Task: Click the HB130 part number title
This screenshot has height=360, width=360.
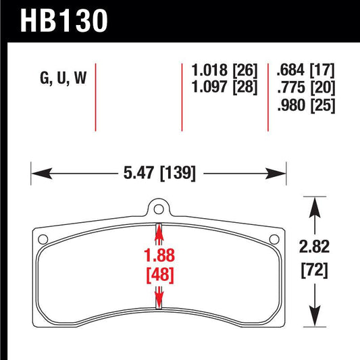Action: [x=65, y=20]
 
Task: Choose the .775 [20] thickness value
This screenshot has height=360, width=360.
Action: [x=305, y=87]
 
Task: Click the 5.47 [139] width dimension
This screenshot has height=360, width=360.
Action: [x=159, y=174]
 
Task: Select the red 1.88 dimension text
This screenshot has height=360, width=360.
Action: [x=159, y=256]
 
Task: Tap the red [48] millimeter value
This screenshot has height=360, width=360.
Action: [x=159, y=275]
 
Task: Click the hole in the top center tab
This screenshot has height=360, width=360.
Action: [x=159, y=209]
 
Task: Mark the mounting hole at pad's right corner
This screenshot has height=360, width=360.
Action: [x=275, y=238]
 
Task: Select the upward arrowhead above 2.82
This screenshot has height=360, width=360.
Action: [x=313, y=203]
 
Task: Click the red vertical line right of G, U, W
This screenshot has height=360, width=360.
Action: [x=97, y=98]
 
